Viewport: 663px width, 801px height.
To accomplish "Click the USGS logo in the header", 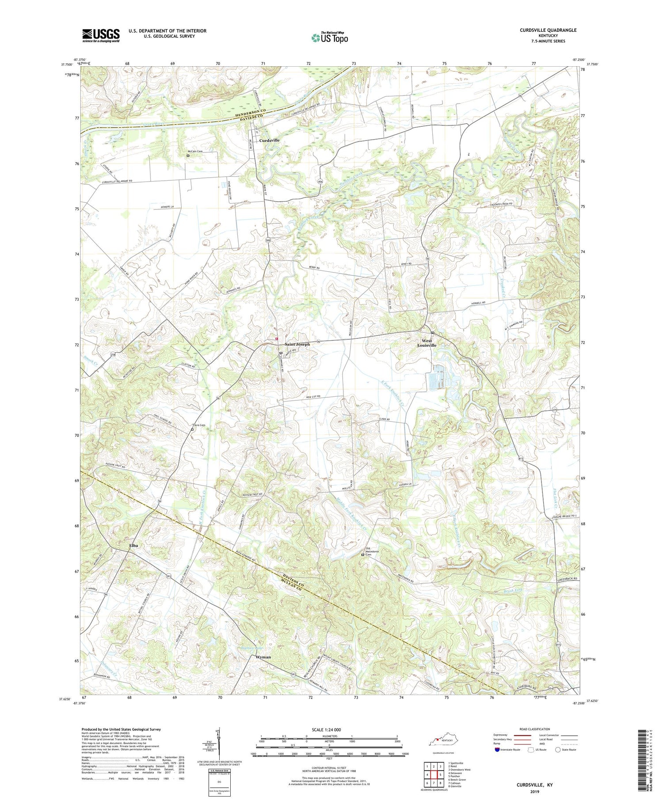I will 101,35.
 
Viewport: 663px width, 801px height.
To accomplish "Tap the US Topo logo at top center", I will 329,38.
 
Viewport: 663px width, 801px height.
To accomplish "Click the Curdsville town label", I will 269,140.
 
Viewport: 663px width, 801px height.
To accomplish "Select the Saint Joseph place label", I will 297,344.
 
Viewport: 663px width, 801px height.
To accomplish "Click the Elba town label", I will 133,546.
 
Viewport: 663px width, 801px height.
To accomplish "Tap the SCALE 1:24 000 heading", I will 329,729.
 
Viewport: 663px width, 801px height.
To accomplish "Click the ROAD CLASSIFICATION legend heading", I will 535,729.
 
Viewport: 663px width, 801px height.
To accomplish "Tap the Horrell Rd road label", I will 478,303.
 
